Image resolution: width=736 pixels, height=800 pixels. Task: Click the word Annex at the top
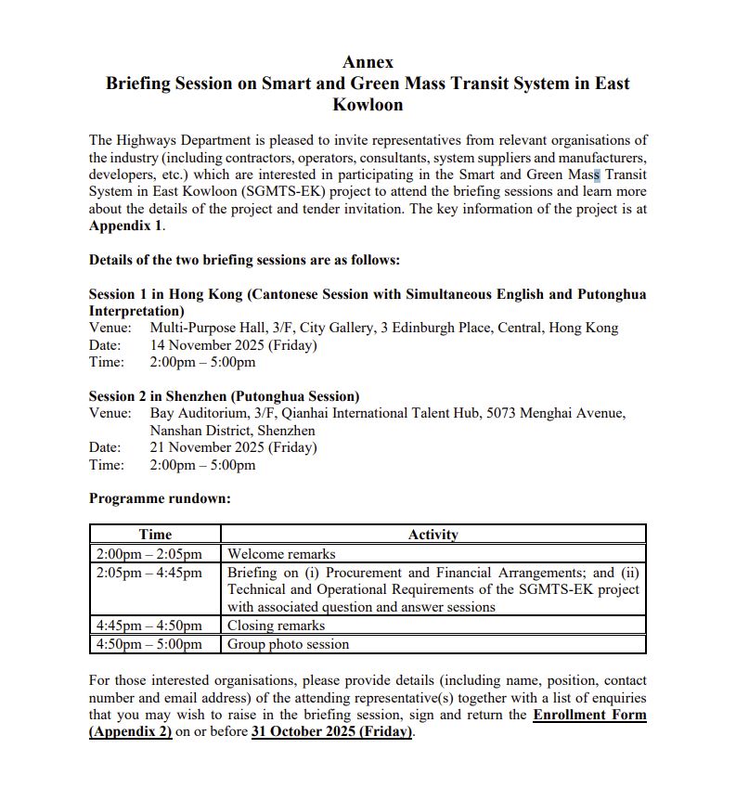tap(368, 62)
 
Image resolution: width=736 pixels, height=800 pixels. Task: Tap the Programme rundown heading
tap(160, 498)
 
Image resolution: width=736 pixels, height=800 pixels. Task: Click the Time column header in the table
tap(155, 535)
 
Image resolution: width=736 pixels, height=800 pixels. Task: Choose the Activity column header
tap(433, 535)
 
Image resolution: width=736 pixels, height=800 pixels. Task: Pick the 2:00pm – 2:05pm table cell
tap(148, 554)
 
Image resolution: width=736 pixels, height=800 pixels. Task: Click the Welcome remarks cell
tap(281, 554)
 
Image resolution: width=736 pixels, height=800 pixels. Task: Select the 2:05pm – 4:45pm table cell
tap(148, 573)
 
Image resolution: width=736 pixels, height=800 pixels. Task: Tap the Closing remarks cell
tap(276, 626)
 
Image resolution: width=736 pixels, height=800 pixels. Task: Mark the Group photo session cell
tap(289, 644)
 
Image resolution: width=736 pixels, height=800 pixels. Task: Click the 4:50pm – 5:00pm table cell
tap(148, 644)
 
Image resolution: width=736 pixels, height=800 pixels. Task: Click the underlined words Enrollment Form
tap(589, 715)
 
